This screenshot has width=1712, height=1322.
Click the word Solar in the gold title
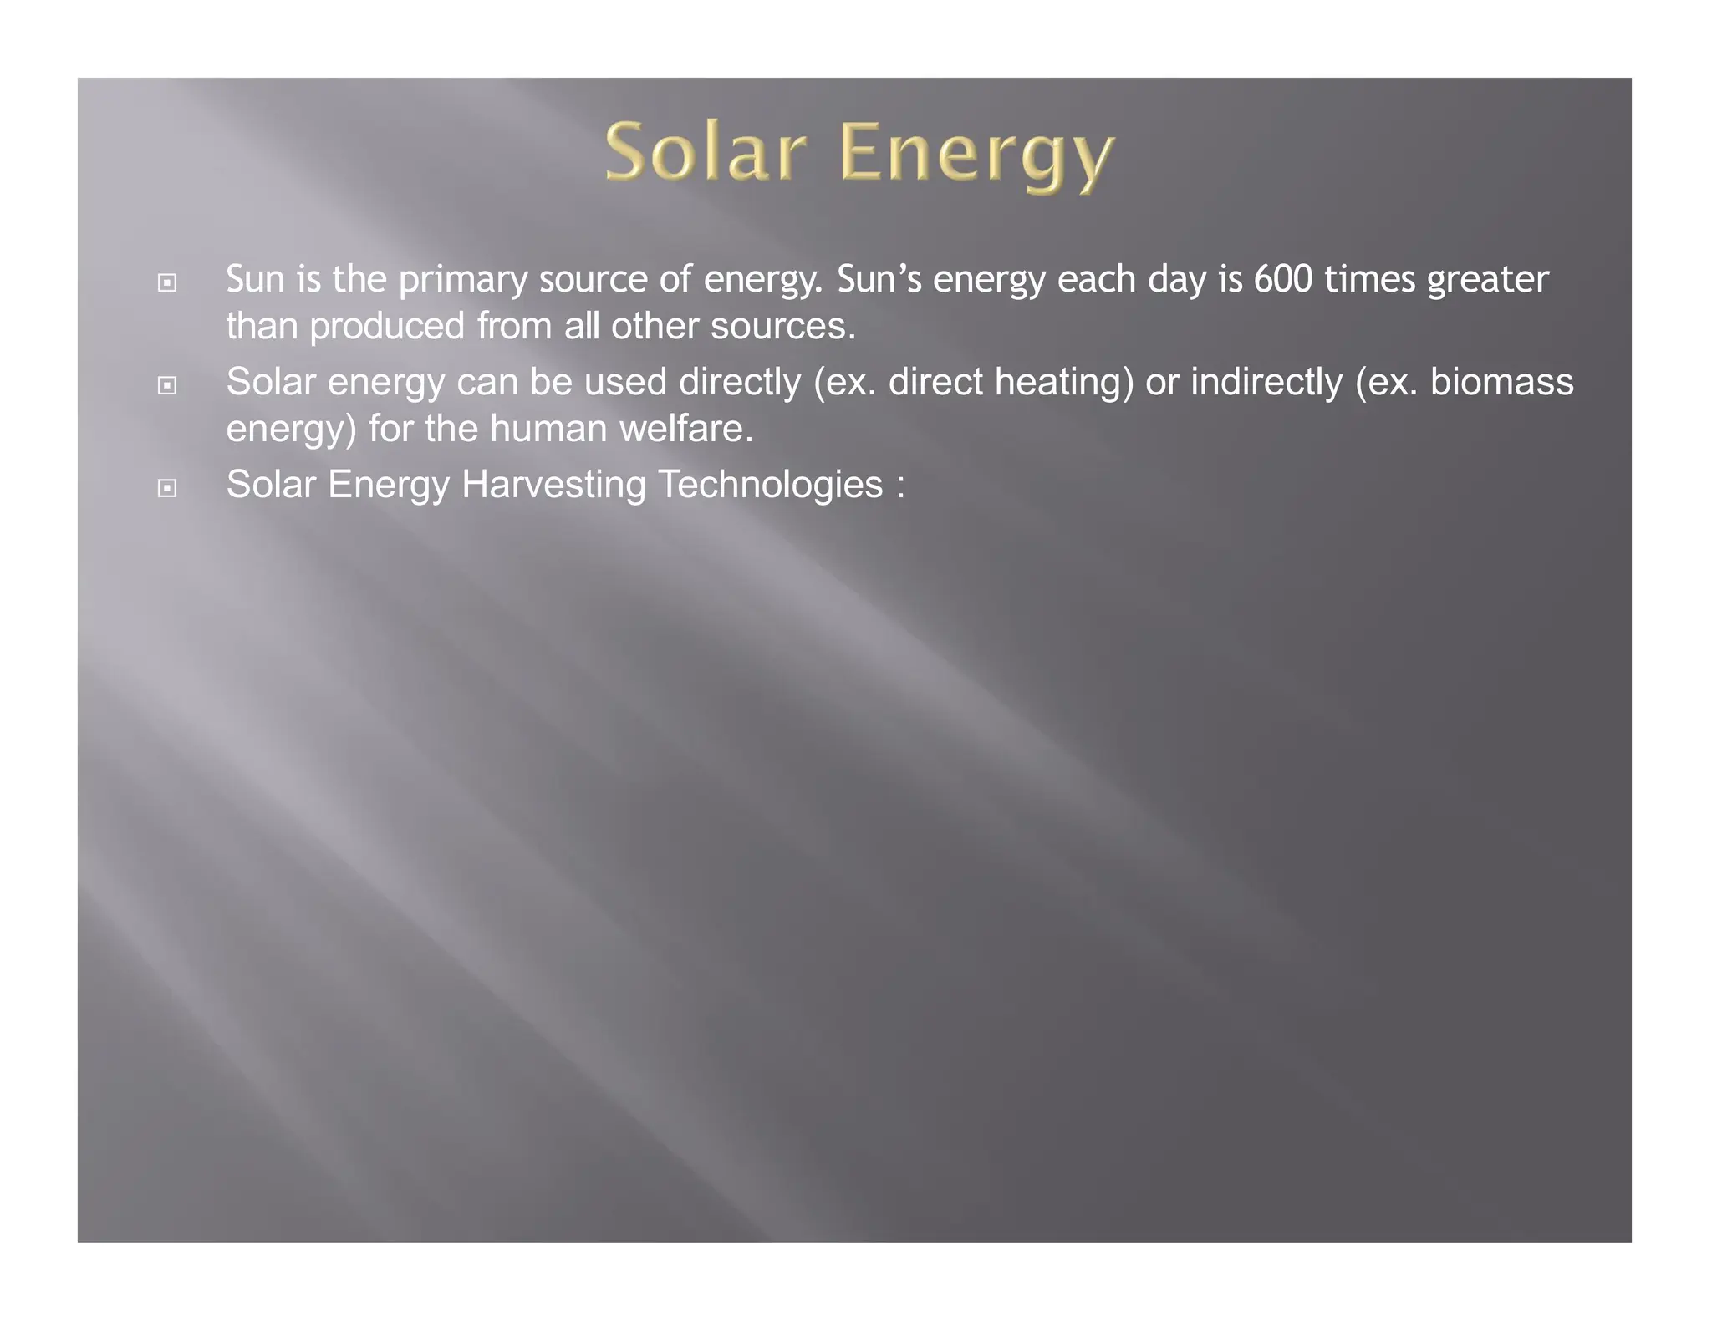706,152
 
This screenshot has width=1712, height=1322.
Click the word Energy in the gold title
976,155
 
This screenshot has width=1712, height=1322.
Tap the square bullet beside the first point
167,283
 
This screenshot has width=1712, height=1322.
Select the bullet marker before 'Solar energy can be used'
167,386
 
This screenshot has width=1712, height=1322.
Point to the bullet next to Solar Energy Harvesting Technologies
167,488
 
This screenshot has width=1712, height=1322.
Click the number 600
1283,279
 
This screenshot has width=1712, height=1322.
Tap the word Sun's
879,279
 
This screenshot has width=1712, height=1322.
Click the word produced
386,327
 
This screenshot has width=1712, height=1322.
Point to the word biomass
1501,382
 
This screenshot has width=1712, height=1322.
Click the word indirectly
1266,384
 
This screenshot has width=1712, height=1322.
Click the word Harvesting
553,486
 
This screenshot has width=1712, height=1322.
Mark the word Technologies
770,486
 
